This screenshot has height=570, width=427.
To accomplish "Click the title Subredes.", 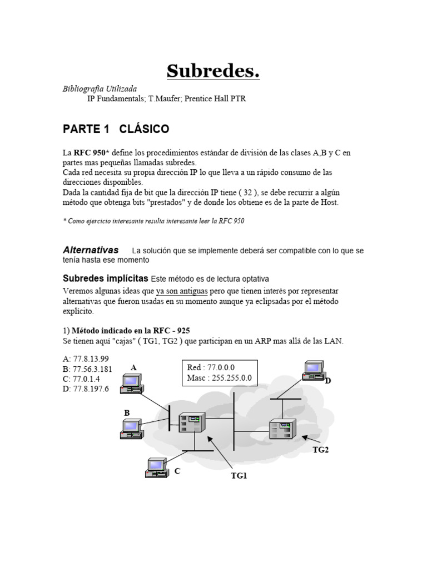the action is tap(213, 71).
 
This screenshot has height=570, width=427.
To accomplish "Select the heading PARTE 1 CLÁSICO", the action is tap(116, 129).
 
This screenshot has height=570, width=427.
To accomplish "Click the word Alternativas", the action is tap(91, 250).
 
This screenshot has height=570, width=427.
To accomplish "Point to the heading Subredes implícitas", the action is tap(105, 278).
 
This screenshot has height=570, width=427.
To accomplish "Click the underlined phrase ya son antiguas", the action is tap(182, 291).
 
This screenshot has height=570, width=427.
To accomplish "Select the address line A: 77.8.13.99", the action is tap(86, 358).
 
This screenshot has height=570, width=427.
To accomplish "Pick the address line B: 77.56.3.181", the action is tap(88, 368).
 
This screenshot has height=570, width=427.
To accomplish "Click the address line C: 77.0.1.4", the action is tap(82, 379).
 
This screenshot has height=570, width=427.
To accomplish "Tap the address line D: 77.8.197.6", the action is tap(86, 389).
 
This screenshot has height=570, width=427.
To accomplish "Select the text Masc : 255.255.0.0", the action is tap(219, 378).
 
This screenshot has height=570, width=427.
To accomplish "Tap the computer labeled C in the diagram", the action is tap(156, 468).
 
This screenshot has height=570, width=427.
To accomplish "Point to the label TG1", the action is tap(239, 475).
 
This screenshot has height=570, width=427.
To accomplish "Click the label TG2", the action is tap(321, 450).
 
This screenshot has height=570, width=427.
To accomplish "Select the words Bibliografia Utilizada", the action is tap(100, 89).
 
